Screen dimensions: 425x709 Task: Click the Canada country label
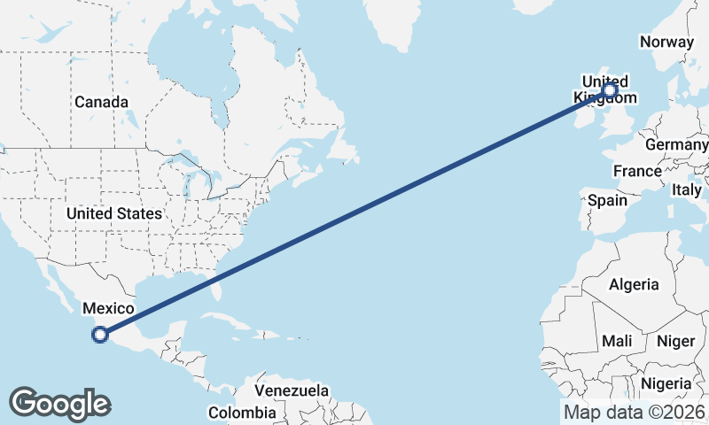tap(101, 102)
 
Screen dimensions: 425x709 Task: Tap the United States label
tap(114, 213)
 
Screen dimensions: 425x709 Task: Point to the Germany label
tap(677, 144)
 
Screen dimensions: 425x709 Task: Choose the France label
tap(636, 171)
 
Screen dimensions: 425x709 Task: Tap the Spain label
tap(607, 200)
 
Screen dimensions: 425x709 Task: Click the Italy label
tap(686, 189)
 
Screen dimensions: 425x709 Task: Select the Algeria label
tap(633, 284)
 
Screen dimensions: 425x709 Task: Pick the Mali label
tap(616, 341)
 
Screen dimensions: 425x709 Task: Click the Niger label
tap(675, 341)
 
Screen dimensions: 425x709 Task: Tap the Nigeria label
tap(666, 383)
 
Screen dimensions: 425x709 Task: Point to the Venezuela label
tap(292, 390)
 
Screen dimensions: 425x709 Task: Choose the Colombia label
tap(242, 413)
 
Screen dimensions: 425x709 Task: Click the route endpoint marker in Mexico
tap(100, 335)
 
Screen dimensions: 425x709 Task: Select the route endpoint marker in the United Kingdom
tap(610, 89)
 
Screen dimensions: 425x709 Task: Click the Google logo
tap(59, 404)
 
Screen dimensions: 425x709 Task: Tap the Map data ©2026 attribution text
tap(635, 412)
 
